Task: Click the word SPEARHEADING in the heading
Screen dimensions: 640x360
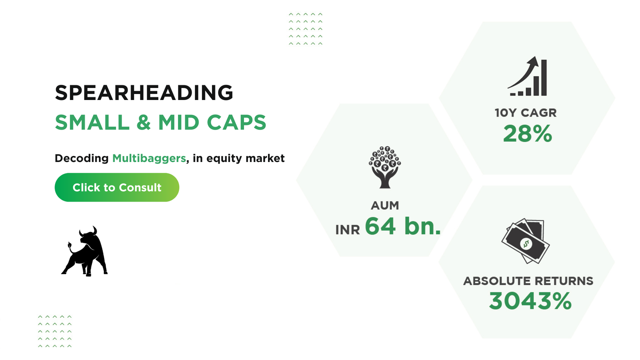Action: [x=144, y=93]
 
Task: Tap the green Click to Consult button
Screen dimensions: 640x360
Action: [x=117, y=188]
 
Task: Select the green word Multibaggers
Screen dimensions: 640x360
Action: [x=149, y=158]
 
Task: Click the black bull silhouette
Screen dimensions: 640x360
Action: [x=84, y=252]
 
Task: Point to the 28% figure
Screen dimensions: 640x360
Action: [x=528, y=134]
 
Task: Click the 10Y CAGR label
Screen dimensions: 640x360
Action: [x=526, y=113]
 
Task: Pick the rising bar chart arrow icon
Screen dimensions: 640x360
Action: [x=527, y=76]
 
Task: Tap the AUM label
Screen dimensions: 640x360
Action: [x=385, y=206]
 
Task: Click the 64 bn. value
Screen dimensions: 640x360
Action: [x=403, y=226]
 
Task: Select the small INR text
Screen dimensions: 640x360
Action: [x=348, y=230]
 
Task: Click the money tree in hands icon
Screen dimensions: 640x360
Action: [x=385, y=167]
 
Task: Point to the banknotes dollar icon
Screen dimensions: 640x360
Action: [x=526, y=241]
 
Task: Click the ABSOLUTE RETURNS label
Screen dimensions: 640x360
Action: [x=528, y=281]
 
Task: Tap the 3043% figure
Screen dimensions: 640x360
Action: [x=530, y=301]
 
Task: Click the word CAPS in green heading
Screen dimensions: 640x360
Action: [x=236, y=122]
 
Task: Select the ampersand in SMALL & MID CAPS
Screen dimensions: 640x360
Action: [x=144, y=122]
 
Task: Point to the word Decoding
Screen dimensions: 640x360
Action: [x=82, y=158]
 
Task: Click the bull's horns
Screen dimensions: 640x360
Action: [x=88, y=231]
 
